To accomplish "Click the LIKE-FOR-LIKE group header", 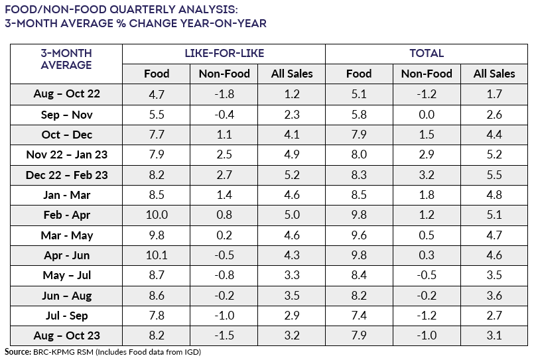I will pyautogui.click(x=224, y=53).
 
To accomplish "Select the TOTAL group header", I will pyautogui.click(x=427, y=53).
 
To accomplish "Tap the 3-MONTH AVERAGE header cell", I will pyautogui.click(x=66, y=59).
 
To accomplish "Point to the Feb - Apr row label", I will pyautogui.click(x=66, y=215).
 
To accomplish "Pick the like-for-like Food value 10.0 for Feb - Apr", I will pyautogui.click(x=157, y=215).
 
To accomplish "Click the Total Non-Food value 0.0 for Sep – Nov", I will pyautogui.click(x=427, y=115).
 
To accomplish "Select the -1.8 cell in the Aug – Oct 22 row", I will pyautogui.click(x=224, y=94).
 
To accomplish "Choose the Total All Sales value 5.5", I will pyautogui.click(x=494, y=175).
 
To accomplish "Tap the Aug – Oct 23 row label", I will pyautogui.click(x=66, y=336).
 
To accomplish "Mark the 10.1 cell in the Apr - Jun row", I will pyautogui.click(x=157, y=255).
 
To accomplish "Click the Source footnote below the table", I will pyautogui.click(x=102, y=352).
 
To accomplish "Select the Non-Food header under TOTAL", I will pyautogui.click(x=427, y=74).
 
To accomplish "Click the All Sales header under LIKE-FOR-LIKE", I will pyautogui.click(x=292, y=74).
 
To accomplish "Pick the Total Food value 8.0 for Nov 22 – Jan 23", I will pyautogui.click(x=359, y=155).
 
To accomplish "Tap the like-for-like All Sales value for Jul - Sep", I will pyautogui.click(x=292, y=316).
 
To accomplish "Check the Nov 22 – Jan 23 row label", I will pyautogui.click(x=66, y=155).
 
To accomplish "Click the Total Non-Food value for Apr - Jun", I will pyautogui.click(x=427, y=255).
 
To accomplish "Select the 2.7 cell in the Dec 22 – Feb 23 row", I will pyautogui.click(x=224, y=175).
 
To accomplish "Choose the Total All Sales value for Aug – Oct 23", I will pyautogui.click(x=494, y=336).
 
